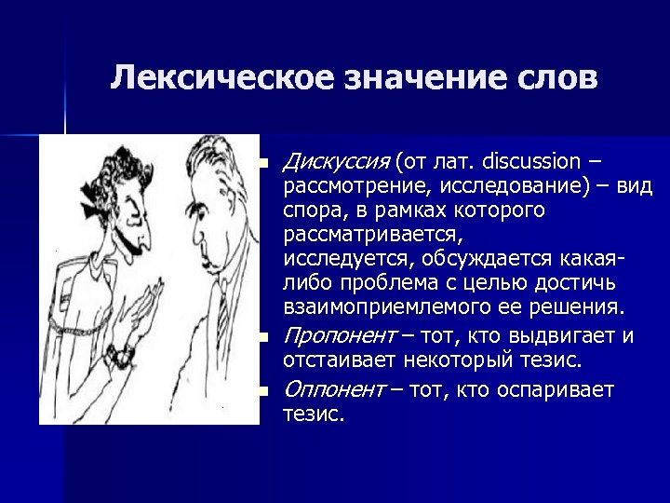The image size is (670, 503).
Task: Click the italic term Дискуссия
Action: point(336,163)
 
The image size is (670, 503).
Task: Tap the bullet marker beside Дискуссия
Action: point(264,165)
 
